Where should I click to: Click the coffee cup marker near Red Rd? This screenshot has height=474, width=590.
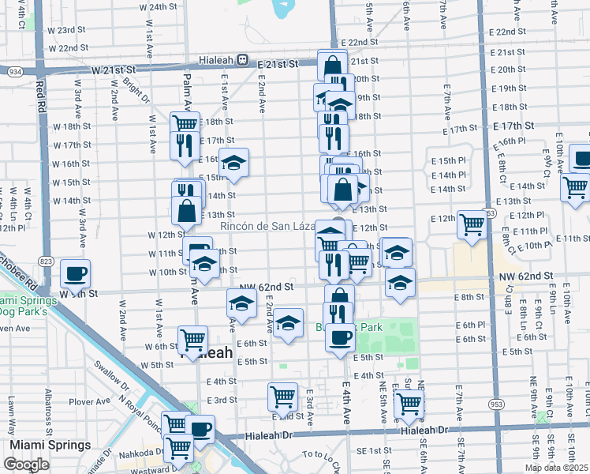pyautogui.click(x=75, y=273)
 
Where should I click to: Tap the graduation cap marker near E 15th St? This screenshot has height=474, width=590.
pyautogui.click(x=233, y=163)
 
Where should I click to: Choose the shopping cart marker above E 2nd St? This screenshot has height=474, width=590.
pyautogui.click(x=282, y=397)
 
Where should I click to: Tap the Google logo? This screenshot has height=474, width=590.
pyautogui.click(x=26, y=465)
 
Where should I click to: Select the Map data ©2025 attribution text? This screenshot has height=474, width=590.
pyautogui.click(x=556, y=468)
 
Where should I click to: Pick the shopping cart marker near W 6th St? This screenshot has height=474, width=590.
pyautogui.click(x=192, y=340)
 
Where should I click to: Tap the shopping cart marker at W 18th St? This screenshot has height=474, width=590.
pyautogui.click(x=185, y=124)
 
